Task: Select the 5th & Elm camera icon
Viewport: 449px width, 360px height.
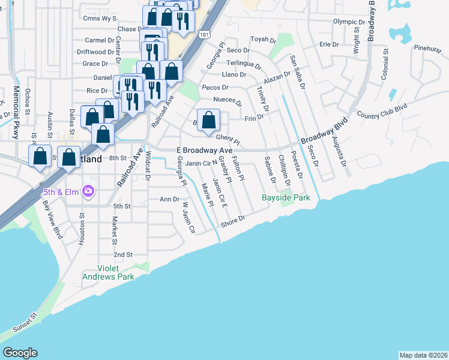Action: click(88, 191)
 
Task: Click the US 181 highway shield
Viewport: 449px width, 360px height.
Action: click(205, 34)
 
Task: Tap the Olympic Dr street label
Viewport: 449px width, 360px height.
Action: click(349, 22)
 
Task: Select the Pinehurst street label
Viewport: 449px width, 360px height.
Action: click(427, 47)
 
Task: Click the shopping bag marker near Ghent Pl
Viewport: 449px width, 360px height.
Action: click(208, 119)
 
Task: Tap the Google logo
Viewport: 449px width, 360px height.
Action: click(20, 352)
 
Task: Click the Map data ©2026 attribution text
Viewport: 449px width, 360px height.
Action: click(423, 355)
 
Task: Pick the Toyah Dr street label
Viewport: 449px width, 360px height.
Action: click(262, 40)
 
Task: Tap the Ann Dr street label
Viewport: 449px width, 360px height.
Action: click(169, 199)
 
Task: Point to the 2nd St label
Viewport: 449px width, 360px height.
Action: click(122, 254)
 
